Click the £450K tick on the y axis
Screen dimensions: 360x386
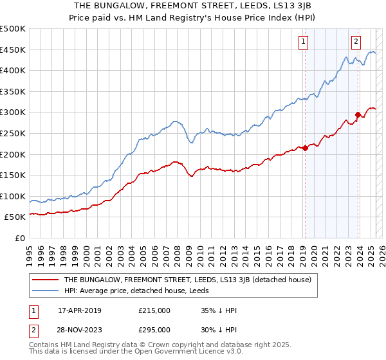coord(14,50)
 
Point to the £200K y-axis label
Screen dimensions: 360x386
coord(14,154)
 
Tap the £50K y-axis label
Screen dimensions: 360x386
coord(16,217)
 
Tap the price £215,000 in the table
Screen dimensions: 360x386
coord(154,310)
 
